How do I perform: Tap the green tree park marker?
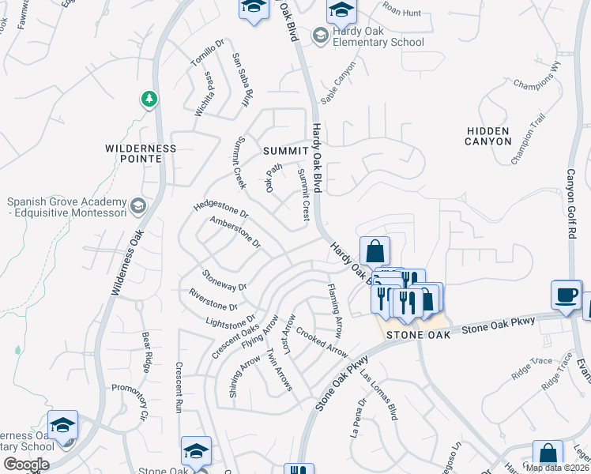click(x=149, y=100)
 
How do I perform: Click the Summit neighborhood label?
click(x=284, y=150)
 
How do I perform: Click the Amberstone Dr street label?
click(x=235, y=232)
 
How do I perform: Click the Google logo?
click(x=26, y=464)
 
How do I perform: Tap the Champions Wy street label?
click(x=536, y=84)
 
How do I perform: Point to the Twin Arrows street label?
click(x=280, y=370)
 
